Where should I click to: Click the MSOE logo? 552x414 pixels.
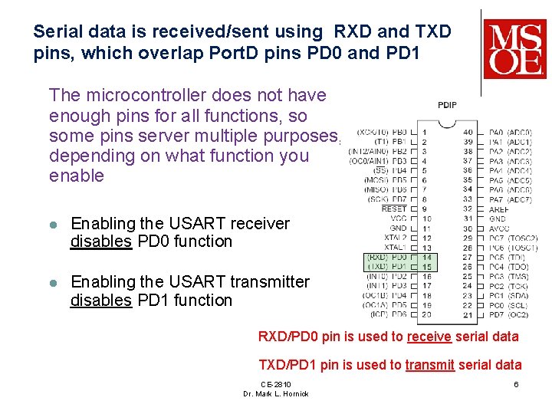click(x=514, y=48)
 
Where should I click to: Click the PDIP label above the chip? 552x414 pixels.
click(x=446, y=105)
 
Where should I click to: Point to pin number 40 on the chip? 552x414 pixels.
click(x=468, y=133)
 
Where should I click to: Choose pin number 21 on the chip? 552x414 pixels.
click(x=468, y=314)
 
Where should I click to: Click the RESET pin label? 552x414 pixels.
click(x=394, y=209)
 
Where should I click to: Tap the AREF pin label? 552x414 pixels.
click(x=499, y=209)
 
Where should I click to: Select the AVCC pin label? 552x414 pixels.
click(x=499, y=228)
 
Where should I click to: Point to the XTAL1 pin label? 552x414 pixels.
click(x=396, y=248)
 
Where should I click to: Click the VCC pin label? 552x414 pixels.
click(x=398, y=219)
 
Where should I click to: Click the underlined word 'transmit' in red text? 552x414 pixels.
click(x=429, y=365)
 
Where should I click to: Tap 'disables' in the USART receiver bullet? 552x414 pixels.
click(x=101, y=242)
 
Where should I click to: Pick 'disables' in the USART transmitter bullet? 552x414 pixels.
click(x=101, y=301)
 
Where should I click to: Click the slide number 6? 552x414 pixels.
click(x=516, y=384)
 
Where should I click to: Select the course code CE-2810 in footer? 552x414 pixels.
click(x=275, y=384)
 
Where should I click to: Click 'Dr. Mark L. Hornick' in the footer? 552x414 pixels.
click(x=275, y=394)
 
